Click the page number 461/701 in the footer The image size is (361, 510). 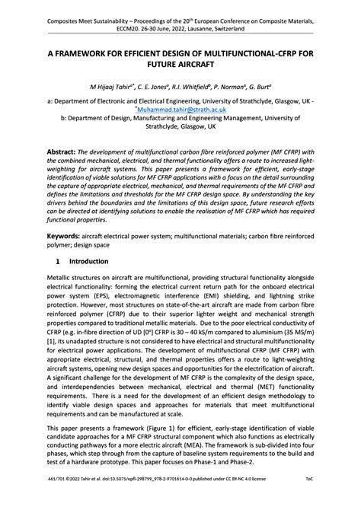(58, 499)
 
